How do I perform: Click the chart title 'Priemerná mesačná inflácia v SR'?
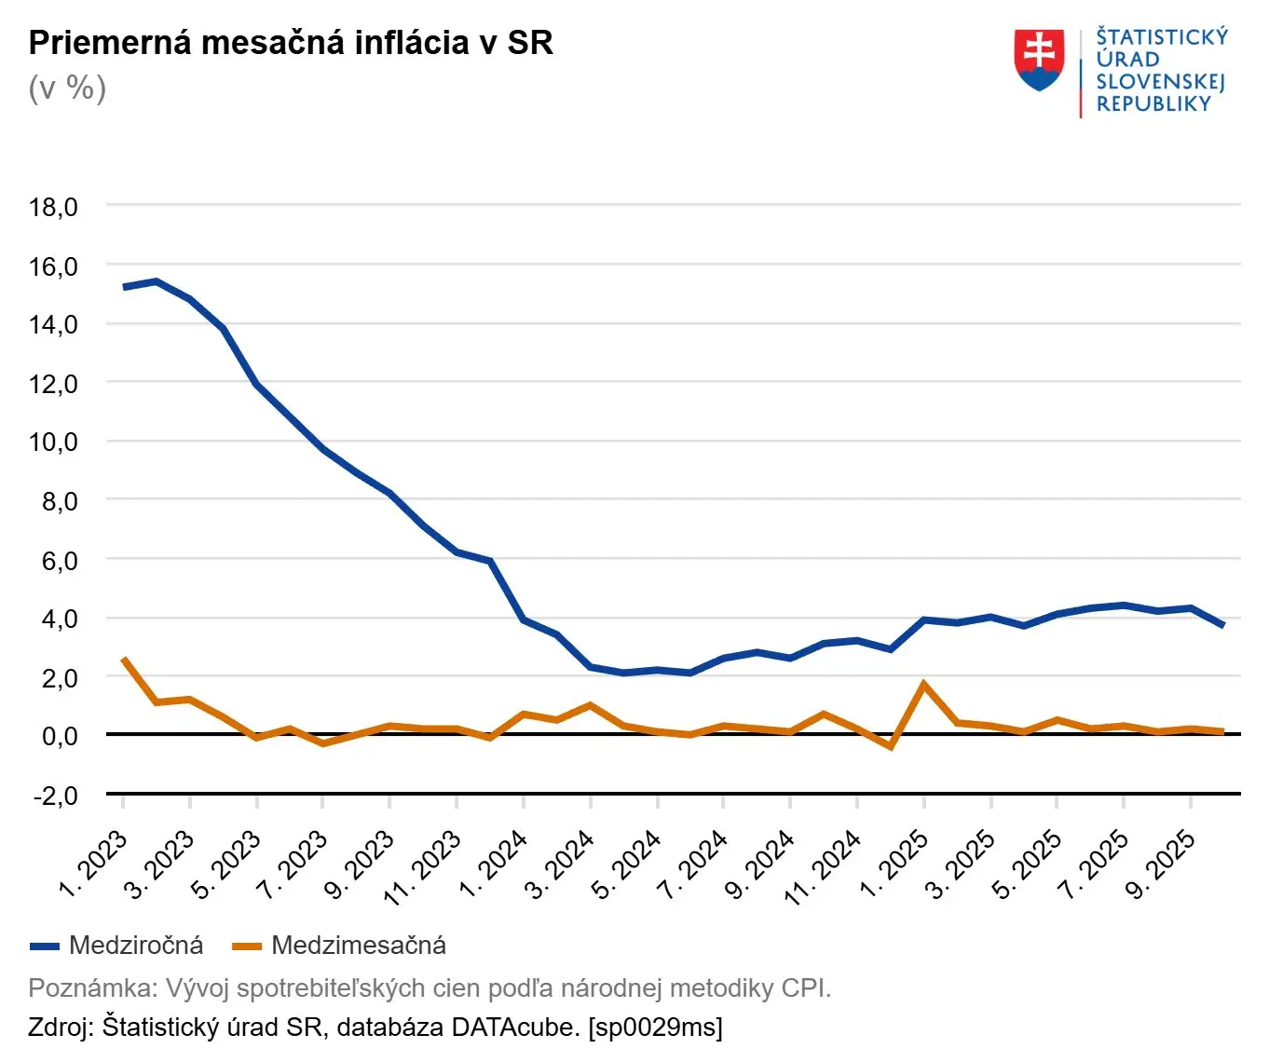point(291,43)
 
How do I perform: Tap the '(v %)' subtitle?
point(67,88)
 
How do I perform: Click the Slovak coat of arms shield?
point(1039,61)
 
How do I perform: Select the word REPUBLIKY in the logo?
point(1153,104)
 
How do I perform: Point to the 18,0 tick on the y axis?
point(53,207)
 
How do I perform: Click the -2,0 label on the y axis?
point(55,796)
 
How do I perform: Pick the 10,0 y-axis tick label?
point(53,442)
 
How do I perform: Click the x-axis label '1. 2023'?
point(93,864)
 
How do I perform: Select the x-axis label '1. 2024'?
point(494,864)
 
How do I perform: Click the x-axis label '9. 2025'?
point(1160,864)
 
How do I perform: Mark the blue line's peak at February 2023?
point(157,281)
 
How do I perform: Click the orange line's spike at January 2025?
point(923,685)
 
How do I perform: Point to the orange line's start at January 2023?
point(124,660)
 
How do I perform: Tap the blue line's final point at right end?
point(1222,625)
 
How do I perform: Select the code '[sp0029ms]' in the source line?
point(655,1028)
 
